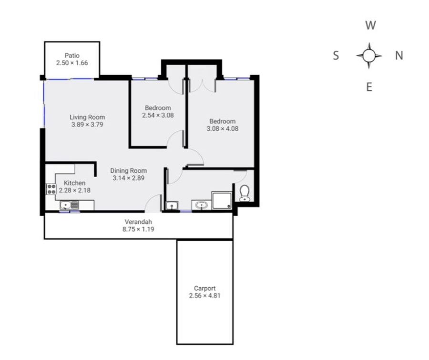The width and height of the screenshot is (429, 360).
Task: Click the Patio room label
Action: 72,56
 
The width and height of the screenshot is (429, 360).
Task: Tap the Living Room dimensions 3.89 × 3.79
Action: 87,125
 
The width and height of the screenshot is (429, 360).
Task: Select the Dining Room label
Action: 129,170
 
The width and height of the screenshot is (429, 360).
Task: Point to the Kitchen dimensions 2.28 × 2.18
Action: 75,190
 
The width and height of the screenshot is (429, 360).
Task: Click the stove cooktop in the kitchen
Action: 51,189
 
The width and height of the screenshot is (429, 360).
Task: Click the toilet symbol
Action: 245,193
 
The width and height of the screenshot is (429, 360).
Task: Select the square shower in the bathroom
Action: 222,200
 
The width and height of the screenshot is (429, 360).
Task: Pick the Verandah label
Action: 138,222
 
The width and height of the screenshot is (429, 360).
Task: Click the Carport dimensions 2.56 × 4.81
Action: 204,296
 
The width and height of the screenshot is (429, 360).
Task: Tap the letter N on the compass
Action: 399,56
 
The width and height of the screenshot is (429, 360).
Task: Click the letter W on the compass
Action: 370,25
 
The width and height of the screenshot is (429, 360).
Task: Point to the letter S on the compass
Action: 336,56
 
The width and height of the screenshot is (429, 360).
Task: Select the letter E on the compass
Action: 369,87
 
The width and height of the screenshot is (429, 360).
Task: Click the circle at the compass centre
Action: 369,56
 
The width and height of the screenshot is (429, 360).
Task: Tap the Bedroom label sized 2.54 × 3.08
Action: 158,108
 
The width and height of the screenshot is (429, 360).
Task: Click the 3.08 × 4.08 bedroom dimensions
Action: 223,129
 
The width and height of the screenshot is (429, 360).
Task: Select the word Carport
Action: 204,288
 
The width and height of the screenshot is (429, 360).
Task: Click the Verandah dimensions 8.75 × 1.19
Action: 138,229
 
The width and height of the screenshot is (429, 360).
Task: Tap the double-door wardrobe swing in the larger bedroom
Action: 202,86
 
